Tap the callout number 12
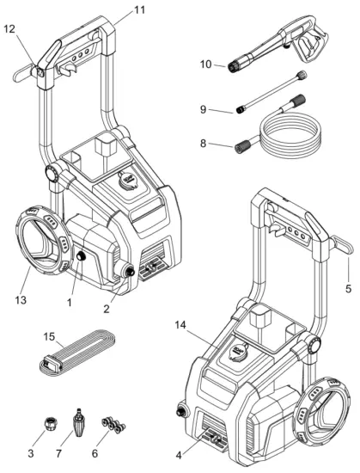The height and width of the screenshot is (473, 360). (x=9, y=29)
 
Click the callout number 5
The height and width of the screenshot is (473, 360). (x=349, y=289)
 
